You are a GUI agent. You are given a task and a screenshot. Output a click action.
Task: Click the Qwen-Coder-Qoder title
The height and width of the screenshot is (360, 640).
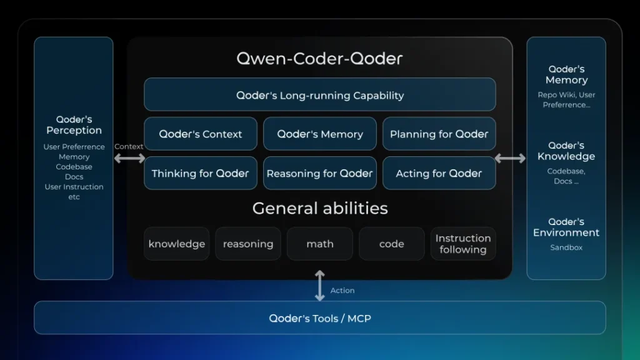[319, 59]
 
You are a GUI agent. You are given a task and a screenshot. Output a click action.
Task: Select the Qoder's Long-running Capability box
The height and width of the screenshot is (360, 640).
[319, 95]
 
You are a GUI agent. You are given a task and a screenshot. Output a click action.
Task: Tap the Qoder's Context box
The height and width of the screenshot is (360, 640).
[200, 134]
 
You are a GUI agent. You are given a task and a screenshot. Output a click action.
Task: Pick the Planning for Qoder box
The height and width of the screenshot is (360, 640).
[439, 134]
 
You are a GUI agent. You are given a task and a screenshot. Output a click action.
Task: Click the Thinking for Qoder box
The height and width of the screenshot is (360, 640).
[200, 173]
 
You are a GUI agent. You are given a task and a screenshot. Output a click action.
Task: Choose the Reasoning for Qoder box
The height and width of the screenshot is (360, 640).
[319, 173]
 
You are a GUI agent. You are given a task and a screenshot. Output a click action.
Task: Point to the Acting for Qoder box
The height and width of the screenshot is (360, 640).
[439, 173]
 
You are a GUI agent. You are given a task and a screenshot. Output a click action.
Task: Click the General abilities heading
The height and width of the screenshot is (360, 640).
[319, 208]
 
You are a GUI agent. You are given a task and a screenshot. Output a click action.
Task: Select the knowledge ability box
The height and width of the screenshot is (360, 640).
[176, 244]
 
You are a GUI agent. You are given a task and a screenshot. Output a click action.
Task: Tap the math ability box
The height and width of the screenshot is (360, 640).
[319, 244]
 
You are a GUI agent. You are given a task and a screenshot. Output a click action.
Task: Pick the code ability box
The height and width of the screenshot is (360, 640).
[391, 244]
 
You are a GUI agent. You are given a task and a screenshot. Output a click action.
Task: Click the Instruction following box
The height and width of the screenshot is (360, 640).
[462, 244]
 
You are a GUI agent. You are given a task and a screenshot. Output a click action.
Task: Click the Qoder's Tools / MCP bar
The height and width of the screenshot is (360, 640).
[319, 318]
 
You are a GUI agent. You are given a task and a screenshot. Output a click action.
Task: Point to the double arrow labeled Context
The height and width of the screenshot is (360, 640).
[129, 159]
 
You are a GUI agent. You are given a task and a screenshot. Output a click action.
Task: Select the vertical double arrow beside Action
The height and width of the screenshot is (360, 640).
[319, 285]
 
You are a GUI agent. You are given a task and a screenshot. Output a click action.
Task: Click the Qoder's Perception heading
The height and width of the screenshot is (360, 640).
[74, 125]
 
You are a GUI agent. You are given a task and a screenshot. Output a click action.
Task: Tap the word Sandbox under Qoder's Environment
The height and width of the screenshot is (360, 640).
[566, 247]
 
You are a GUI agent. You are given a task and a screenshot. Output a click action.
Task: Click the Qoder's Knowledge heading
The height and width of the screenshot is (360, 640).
[566, 151]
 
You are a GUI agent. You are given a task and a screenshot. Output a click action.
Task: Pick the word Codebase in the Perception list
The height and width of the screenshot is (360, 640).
[74, 167]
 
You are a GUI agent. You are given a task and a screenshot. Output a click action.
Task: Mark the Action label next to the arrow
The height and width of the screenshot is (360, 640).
[342, 291]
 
